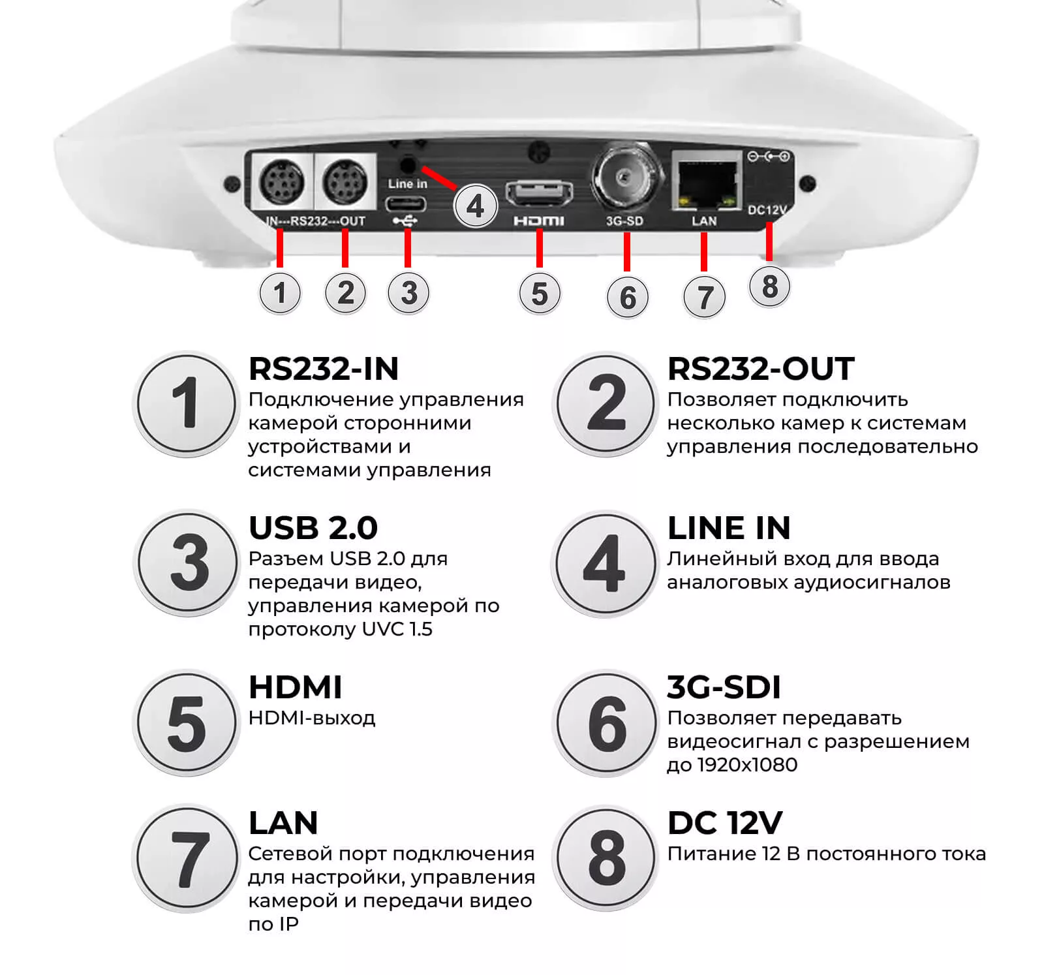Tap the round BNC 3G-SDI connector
click(624, 176)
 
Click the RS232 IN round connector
click(282, 181)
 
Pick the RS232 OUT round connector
click(345, 181)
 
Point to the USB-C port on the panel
click(406, 204)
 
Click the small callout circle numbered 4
click(476, 206)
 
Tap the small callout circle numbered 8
click(770, 286)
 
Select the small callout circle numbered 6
click(628, 297)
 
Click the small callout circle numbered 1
click(281, 292)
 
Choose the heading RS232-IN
click(324, 369)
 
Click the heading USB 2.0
click(313, 528)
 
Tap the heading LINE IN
click(729, 528)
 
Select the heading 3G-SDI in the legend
click(724, 687)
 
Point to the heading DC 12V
click(725, 823)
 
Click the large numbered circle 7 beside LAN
click(187, 858)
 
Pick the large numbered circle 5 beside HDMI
click(187, 723)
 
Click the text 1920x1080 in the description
click(747, 765)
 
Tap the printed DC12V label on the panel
click(767, 209)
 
